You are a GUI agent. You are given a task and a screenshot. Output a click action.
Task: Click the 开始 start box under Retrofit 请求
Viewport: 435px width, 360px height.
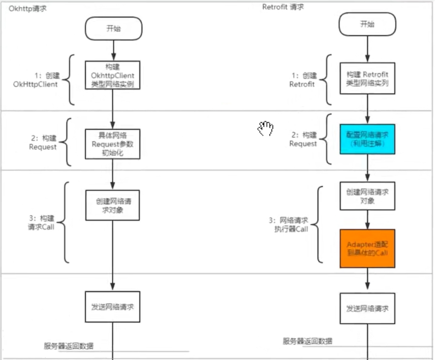point(367,24)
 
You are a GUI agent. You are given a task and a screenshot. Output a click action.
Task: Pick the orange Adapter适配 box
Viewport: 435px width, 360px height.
point(367,248)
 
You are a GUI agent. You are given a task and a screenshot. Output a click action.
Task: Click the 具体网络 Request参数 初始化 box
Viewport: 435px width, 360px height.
point(112,143)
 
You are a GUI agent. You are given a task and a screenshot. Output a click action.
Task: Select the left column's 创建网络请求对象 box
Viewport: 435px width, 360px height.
point(112,205)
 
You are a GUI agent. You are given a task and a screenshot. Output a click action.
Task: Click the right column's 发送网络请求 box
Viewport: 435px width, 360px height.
point(367,308)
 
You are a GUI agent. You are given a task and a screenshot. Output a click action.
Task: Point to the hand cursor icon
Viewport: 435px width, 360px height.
point(265,129)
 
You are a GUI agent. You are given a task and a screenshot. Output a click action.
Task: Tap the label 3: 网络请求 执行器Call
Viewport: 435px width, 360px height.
point(289,225)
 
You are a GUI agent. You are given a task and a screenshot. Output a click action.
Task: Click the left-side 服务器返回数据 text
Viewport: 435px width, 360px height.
point(69,346)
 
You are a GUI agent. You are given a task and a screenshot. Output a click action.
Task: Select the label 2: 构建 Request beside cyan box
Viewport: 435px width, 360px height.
point(303,139)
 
